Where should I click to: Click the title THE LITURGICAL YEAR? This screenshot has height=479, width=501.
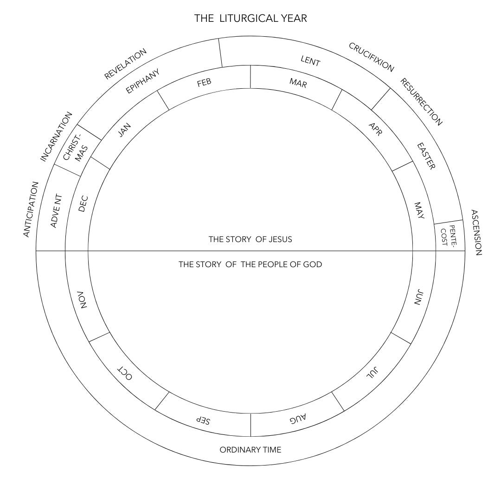pos(250,19)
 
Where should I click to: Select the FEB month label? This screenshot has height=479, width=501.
pos(204,83)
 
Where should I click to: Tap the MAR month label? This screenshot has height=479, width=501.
pos(298,83)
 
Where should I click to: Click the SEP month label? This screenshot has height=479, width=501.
pos(203,420)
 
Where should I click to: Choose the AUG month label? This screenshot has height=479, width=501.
pos(298,419)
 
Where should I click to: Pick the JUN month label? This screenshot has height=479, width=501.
pos(418,297)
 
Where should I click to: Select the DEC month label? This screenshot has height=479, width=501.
pos(83,203)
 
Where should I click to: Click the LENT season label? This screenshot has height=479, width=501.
pos(310,61)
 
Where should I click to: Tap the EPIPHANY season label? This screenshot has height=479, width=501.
pos(143,81)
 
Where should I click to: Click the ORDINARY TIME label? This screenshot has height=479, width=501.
pos(250,450)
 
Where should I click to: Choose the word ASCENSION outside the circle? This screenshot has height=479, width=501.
pos(477,232)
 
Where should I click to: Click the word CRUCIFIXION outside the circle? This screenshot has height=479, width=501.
pos(371,57)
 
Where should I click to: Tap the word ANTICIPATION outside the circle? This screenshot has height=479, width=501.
pos(31,209)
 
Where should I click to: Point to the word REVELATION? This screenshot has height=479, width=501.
pos(125,64)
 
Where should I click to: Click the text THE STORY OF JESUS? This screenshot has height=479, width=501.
pos(250,240)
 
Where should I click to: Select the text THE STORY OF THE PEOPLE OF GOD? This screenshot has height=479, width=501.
pos(250,264)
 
